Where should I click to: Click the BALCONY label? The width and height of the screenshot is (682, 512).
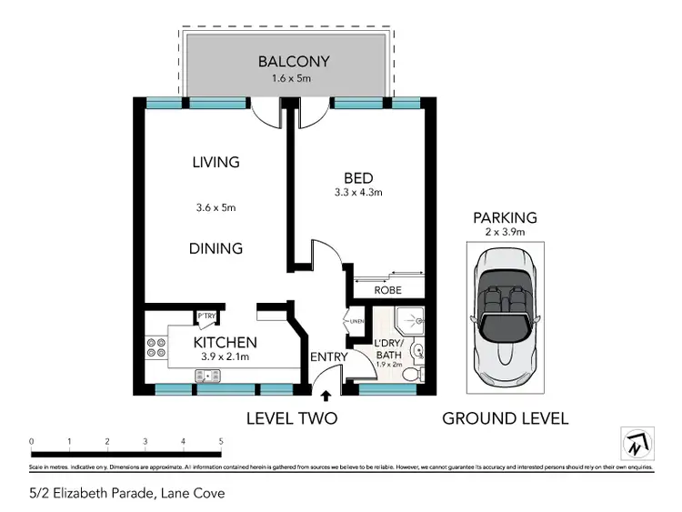click(293, 62)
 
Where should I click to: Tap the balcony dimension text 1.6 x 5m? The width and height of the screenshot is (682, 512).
click(293, 79)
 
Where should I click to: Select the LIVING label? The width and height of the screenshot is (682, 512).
click(216, 163)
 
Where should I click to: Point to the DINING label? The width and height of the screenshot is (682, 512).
click(216, 248)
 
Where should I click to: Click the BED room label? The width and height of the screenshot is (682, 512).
click(358, 177)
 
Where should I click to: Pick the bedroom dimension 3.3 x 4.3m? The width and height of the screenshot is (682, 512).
click(358, 193)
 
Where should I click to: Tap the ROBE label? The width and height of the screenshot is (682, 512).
click(388, 290)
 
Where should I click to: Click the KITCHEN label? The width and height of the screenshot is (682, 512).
click(225, 343)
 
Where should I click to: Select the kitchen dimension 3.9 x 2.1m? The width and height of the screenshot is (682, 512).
click(225, 357)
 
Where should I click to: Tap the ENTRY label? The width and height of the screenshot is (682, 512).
click(328, 357)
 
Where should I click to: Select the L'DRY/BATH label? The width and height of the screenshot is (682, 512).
click(389, 349)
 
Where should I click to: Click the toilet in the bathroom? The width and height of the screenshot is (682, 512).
click(412, 373)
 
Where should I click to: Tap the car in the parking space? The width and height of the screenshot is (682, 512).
click(505, 313)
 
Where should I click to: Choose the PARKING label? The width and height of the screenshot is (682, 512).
click(505, 218)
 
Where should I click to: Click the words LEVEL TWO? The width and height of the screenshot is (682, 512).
click(292, 418)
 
